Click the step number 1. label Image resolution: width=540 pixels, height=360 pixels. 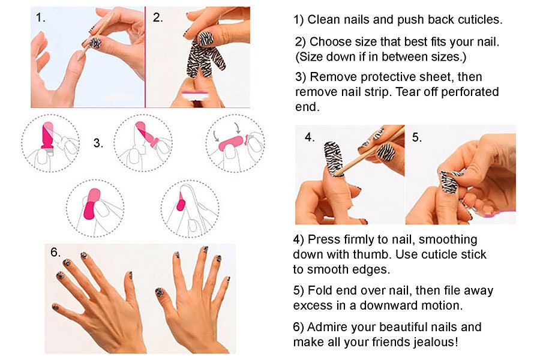(x=41, y=17)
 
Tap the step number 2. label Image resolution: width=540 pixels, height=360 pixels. (x=158, y=17)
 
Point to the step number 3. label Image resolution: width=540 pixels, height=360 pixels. (x=98, y=143)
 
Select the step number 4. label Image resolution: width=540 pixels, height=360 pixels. (x=310, y=137)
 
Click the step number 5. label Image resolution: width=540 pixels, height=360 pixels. (x=417, y=137)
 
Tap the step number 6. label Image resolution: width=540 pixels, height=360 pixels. (x=56, y=253)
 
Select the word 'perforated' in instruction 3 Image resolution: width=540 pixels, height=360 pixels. (x=471, y=92)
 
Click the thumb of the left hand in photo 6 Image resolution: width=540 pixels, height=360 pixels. (x=130, y=281)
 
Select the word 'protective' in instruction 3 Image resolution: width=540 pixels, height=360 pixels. (x=381, y=77)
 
